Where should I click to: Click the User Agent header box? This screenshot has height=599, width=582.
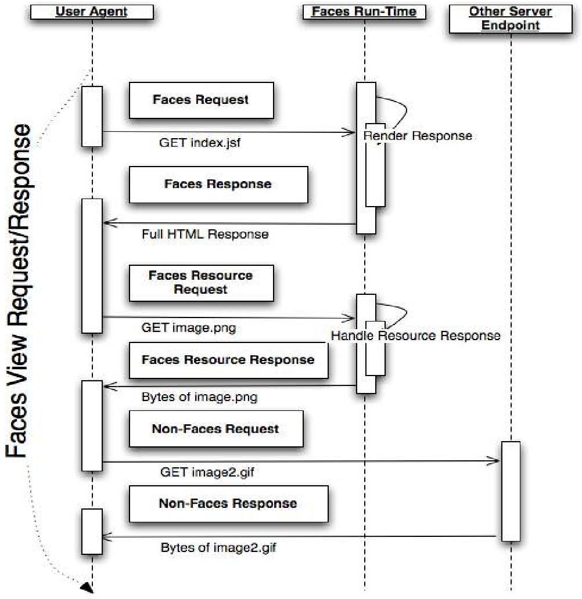pyautogui.click(x=92, y=12)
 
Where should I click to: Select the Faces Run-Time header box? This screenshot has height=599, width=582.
pyautogui.click(x=364, y=12)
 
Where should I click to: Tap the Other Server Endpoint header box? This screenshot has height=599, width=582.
pyautogui.click(x=510, y=18)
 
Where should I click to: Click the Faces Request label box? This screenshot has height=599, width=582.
pyautogui.click(x=201, y=100)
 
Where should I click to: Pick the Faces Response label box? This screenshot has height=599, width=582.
pyautogui.click(x=218, y=185)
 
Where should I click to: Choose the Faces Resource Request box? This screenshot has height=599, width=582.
pyautogui.click(x=201, y=283)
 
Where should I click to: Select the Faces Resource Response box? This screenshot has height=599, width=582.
pyautogui.click(x=228, y=360)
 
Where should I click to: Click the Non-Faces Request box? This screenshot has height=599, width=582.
pyautogui.click(x=215, y=430)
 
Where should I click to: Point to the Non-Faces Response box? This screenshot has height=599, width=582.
pyautogui.click(x=228, y=503)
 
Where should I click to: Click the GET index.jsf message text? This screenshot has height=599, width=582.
pyautogui.click(x=199, y=143)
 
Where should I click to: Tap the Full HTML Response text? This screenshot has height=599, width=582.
pyautogui.click(x=205, y=234)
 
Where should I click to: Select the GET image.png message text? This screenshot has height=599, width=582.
pyautogui.click(x=189, y=328)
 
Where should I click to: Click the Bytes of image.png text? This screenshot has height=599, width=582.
pyautogui.click(x=199, y=398)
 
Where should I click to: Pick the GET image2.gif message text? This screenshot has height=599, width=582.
pyautogui.click(x=207, y=472)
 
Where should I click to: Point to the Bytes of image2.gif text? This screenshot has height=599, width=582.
pyautogui.click(x=214, y=547)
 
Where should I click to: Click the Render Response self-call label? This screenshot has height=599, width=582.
pyautogui.click(x=418, y=136)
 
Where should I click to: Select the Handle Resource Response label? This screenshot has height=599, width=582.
pyautogui.click(x=415, y=335)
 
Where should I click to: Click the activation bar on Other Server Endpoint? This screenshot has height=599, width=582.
pyautogui.click(x=510, y=491)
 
